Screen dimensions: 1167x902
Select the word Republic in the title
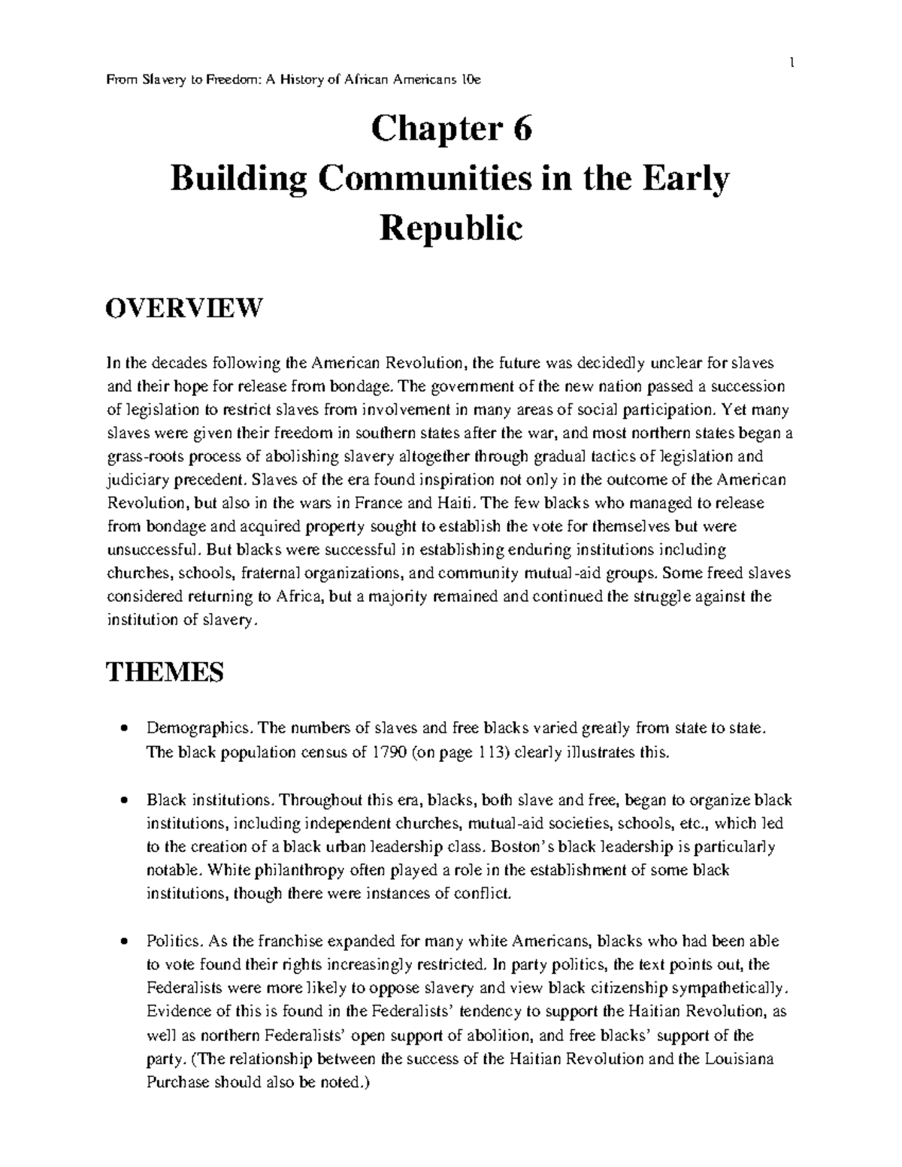[x=451, y=228]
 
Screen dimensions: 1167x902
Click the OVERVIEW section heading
[x=184, y=307]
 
